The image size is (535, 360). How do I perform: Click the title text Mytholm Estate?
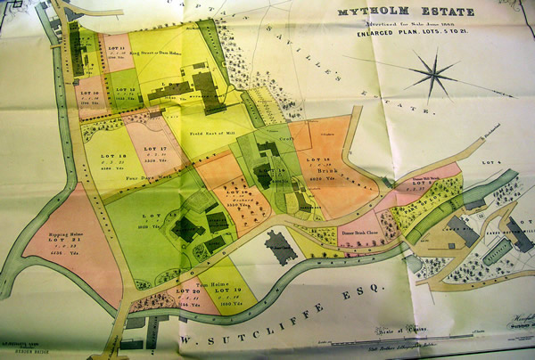[404, 13]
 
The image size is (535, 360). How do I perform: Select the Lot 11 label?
[115, 41]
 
